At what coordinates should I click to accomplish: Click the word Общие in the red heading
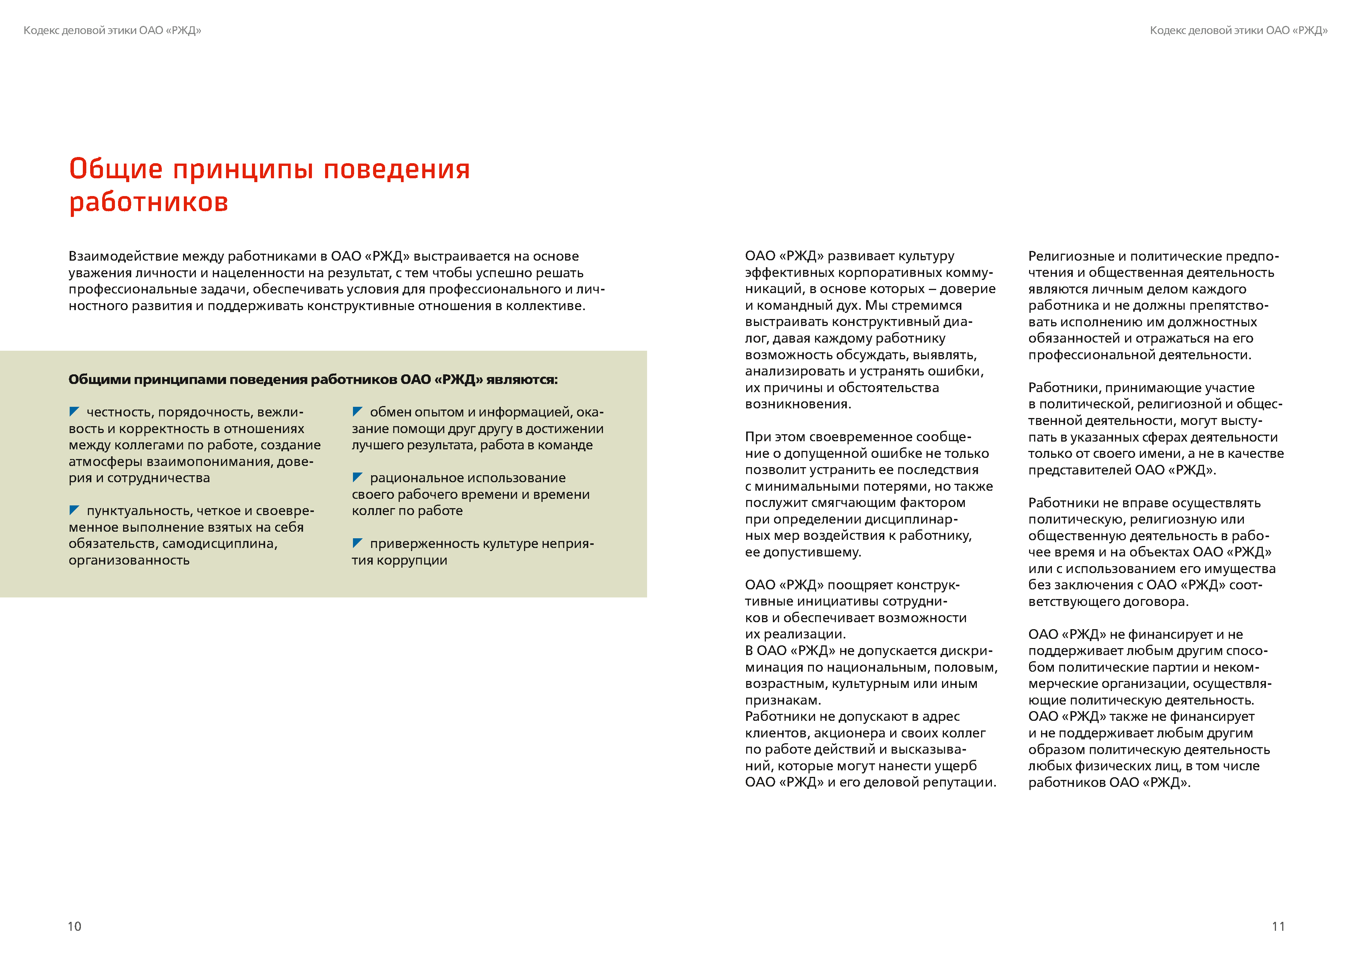[x=116, y=169]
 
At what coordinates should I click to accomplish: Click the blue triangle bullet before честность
[x=74, y=411]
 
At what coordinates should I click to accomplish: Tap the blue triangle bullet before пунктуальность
[x=74, y=510]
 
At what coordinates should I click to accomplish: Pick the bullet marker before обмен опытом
[x=357, y=411]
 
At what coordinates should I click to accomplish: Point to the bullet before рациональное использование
[x=357, y=476]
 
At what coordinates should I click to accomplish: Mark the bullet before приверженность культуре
[x=357, y=542]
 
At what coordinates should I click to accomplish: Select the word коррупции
[x=412, y=560]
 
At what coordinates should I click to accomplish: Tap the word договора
[x=1158, y=601]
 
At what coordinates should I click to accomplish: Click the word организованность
[x=129, y=560]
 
